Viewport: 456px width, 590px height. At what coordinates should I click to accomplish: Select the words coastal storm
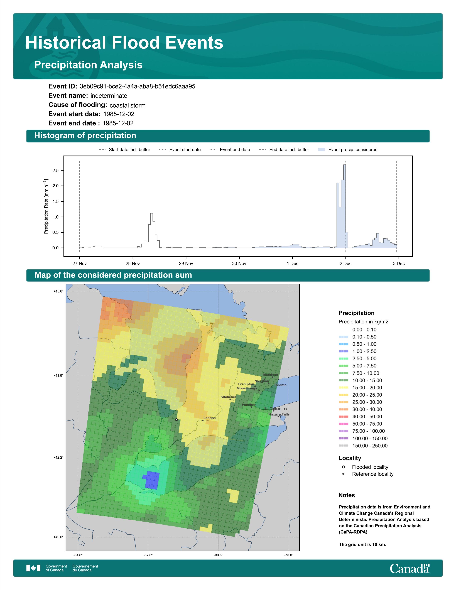128,105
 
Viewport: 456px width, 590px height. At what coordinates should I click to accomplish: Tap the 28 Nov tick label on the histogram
133,263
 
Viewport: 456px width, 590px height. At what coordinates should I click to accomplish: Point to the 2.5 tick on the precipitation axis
55,170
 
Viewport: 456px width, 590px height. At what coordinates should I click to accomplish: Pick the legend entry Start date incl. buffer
124,150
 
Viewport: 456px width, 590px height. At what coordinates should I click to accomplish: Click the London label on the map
210,418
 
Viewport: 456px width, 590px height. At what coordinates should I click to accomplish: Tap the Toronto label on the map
280,385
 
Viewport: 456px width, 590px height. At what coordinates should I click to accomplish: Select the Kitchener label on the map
228,397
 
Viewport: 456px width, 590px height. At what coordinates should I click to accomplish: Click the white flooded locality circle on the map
176,420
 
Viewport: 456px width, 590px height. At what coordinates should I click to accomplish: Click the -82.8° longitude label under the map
148,555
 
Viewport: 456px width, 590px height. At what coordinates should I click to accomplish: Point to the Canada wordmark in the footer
410,568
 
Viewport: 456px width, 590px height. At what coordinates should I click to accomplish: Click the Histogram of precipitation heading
85,136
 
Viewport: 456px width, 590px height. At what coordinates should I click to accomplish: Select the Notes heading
347,495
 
